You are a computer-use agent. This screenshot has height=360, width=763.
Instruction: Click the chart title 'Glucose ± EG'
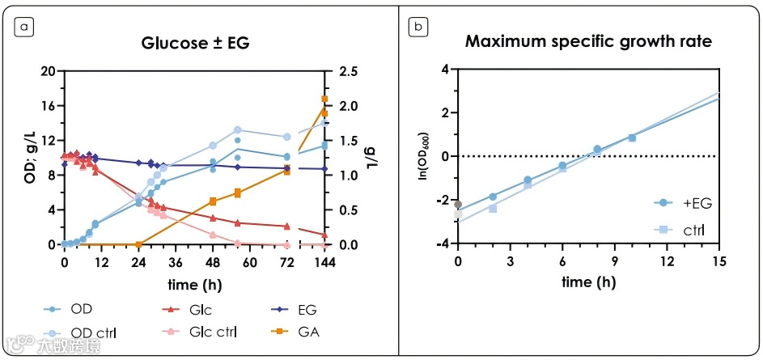point(194,42)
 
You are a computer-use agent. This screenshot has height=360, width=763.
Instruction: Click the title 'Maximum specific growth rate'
point(587,42)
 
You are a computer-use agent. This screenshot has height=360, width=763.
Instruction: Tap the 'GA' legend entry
point(299,331)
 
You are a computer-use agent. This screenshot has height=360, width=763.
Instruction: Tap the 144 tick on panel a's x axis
point(324,261)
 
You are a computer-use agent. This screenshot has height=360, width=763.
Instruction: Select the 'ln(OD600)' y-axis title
point(422,157)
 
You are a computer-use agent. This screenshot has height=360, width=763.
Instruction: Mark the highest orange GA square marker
point(324,99)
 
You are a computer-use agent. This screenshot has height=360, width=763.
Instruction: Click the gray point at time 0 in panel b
point(458,204)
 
